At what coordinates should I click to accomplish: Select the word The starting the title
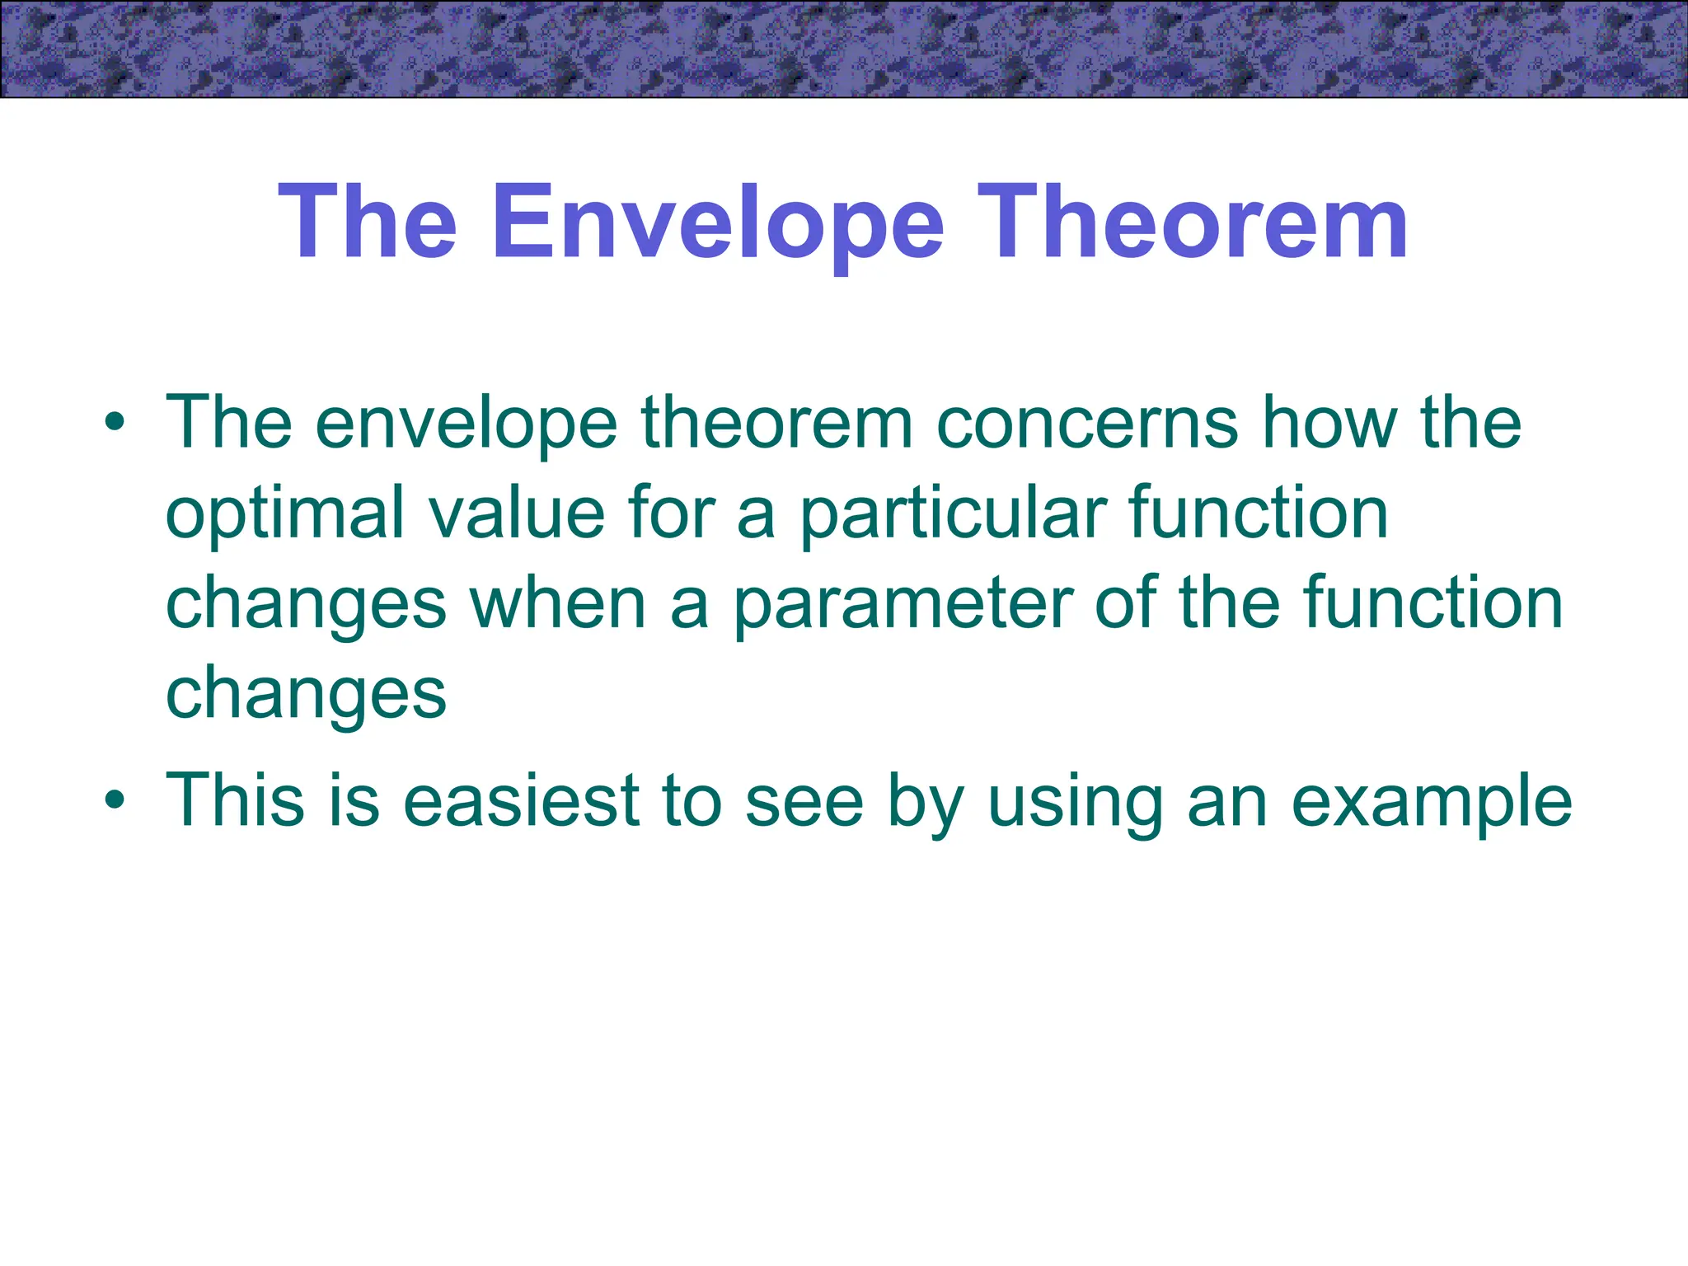pyautogui.click(x=368, y=223)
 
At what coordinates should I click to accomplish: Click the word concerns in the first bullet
pyautogui.click(x=1088, y=424)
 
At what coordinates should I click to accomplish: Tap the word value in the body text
pyautogui.click(x=517, y=514)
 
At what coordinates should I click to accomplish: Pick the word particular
pyautogui.click(x=953, y=514)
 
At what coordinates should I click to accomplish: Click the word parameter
pyautogui.click(x=903, y=605)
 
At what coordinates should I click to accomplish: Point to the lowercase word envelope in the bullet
pyautogui.click(x=466, y=424)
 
